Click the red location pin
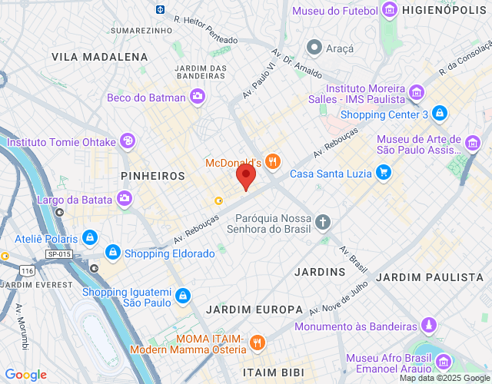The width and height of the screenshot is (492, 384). [x=245, y=176]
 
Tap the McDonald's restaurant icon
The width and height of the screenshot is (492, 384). [x=274, y=162]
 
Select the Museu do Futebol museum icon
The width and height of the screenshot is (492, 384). [x=390, y=11]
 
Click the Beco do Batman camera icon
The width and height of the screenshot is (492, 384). [x=198, y=97]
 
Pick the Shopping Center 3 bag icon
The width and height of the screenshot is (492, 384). [x=439, y=114]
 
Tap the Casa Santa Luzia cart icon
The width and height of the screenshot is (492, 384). [x=383, y=173]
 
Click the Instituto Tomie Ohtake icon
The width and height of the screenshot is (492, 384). [x=126, y=141]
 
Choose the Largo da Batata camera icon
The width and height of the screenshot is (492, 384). [x=125, y=200]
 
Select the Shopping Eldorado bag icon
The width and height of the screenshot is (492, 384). [x=113, y=253]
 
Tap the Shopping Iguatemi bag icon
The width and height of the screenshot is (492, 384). [x=182, y=295]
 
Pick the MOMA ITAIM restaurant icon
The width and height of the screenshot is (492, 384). [x=258, y=343]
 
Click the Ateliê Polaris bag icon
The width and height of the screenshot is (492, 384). [x=91, y=237]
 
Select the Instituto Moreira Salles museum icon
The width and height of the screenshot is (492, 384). [x=417, y=93]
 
